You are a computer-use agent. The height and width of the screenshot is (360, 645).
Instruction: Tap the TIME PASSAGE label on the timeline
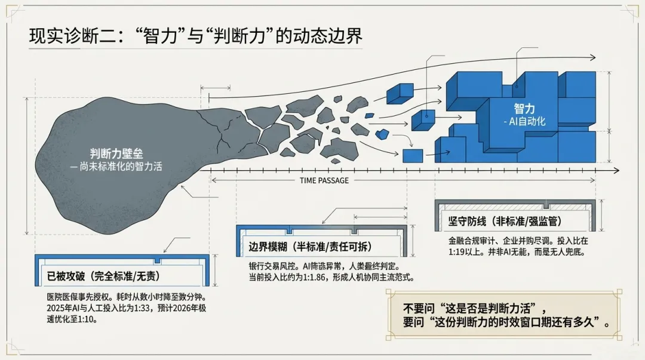pyautogui.click(x=324, y=181)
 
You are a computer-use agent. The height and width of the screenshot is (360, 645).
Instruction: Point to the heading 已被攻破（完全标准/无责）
pyautogui.click(x=103, y=276)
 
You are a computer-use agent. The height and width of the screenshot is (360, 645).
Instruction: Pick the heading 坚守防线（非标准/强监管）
pyautogui.click(x=505, y=221)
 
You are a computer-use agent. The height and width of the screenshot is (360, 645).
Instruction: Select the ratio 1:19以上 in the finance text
pyautogui.click(x=461, y=252)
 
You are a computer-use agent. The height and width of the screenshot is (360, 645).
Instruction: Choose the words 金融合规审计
pyautogui.click(x=469, y=241)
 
